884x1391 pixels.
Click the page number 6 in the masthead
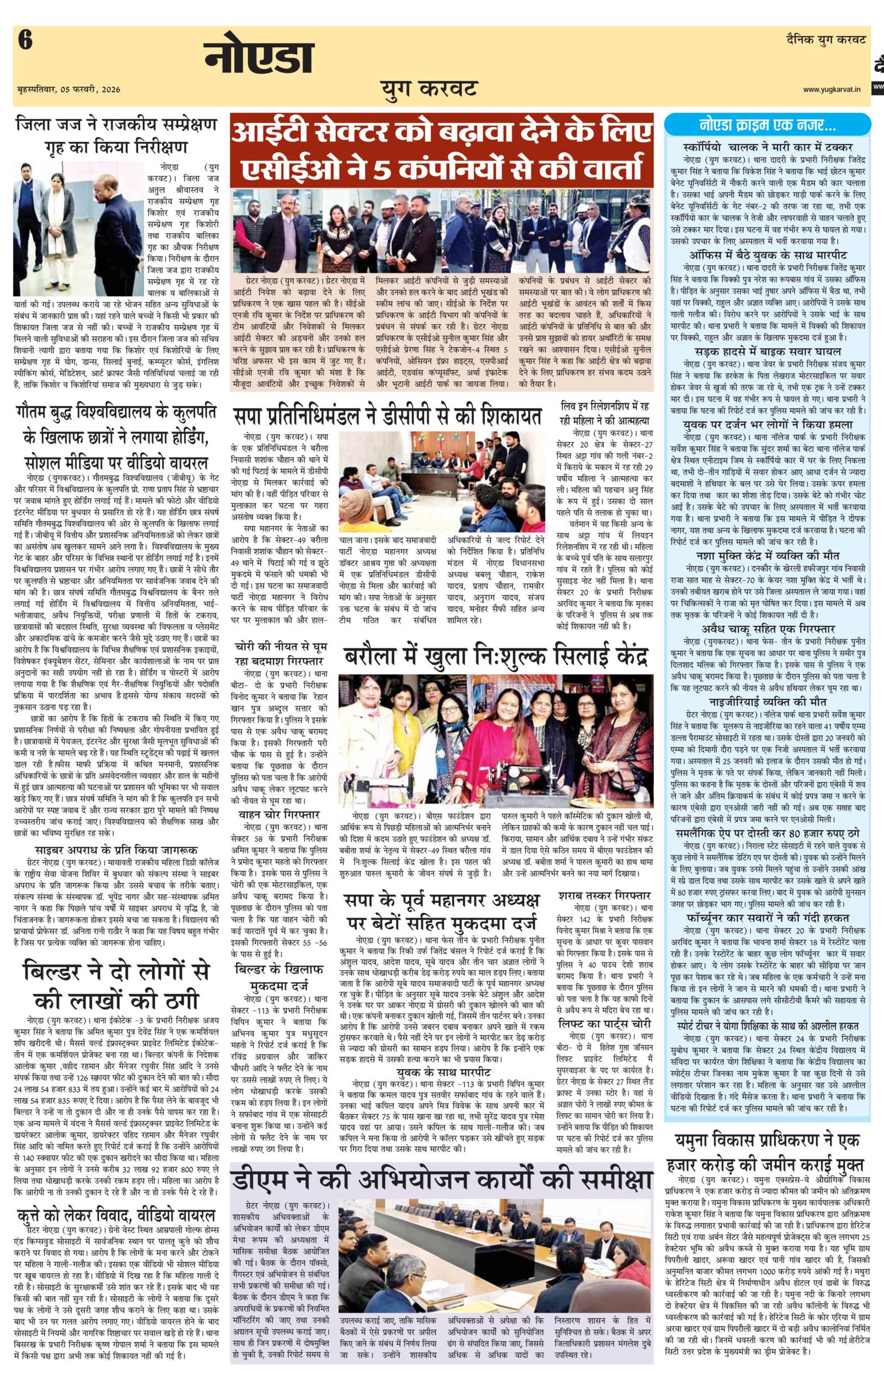coord(25,41)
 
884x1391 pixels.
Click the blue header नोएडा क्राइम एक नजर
coord(768,125)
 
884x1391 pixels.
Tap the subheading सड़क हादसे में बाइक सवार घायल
coord(768,351)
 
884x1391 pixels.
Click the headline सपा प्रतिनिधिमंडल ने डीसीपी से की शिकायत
coord(387,415)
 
